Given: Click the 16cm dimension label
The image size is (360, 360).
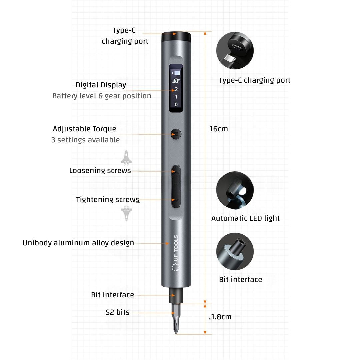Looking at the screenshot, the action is [219, 129].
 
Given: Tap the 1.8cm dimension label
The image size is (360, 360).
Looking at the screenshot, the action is [221, 317].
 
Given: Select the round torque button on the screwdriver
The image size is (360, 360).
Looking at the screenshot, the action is [176, 134].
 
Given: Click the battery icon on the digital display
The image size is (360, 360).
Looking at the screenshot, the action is [176, 73].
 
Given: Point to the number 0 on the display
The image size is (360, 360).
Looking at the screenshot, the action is [176, 104].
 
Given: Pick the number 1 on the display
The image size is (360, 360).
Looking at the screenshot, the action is [176, 97].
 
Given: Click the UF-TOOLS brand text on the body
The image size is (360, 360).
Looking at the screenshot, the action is [176, 248].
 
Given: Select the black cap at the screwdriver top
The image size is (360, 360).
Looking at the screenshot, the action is [176, 37].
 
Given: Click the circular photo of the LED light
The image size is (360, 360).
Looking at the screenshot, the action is [235, 190].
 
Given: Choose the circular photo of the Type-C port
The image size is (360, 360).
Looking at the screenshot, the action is [235, 50].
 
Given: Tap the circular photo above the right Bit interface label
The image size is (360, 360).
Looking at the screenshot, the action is [235, 251].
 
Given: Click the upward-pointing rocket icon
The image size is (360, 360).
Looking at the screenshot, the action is [126, 158].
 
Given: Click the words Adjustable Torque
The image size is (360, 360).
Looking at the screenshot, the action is [84, 129].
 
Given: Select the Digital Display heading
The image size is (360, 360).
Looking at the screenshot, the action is [101, 85].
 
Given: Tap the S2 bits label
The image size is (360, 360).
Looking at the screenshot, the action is [118, 312].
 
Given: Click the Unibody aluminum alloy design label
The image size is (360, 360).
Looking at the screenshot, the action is [78, 243].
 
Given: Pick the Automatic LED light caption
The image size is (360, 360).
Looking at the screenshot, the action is [245, 218].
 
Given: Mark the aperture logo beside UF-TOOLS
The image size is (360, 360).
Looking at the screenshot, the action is [176, 267].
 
